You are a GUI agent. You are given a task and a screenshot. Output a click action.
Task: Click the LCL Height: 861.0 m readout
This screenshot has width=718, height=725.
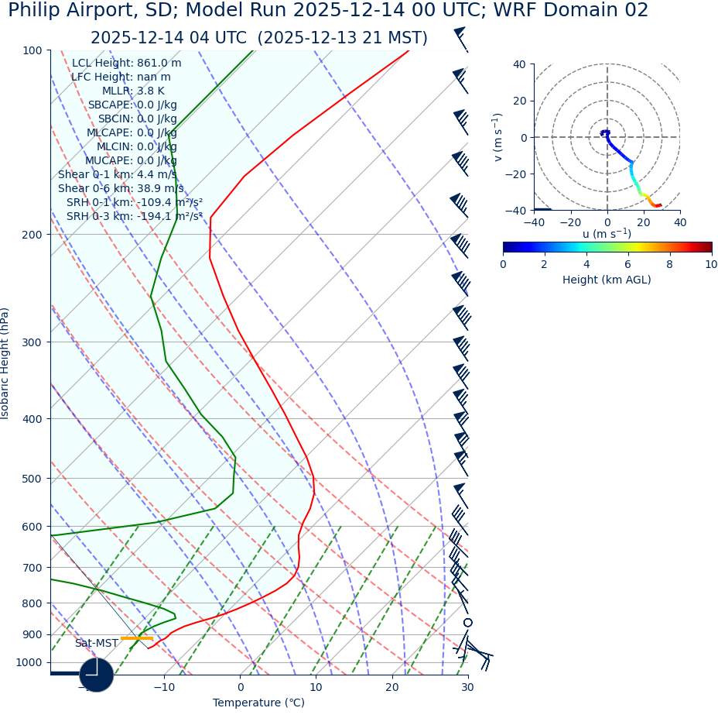tap(127, 64)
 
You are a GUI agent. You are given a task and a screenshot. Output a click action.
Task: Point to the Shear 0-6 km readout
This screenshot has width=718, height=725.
tap(121, 188)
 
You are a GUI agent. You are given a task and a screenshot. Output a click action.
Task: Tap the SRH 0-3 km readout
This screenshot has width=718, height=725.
tap(134, 216)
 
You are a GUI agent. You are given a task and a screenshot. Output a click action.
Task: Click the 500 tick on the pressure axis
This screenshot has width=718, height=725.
tap(32, 479)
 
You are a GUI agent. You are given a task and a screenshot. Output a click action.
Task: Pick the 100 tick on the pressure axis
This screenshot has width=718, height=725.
tap(32, 50)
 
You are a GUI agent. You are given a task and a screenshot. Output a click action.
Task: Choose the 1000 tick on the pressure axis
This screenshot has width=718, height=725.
tap(29, 662)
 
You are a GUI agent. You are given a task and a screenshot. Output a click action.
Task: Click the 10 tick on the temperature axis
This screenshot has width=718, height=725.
tap(316, 687)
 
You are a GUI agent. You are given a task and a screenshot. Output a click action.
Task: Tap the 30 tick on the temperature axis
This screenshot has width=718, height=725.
tap(467, 687)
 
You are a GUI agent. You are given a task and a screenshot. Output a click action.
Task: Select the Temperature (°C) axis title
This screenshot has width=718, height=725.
tap(258, 703)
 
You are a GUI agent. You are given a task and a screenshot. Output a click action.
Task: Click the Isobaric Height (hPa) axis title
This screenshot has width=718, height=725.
tap(5, 363)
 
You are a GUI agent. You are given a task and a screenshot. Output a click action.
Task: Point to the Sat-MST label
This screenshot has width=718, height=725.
tap(97, 644)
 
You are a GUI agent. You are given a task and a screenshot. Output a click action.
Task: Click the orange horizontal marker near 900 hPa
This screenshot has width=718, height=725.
tap(136, 638)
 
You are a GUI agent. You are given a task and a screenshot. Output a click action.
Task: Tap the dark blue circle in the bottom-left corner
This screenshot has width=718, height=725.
tap(97, 675)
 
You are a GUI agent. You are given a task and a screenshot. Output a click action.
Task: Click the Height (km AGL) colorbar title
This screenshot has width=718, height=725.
tap(607, 280)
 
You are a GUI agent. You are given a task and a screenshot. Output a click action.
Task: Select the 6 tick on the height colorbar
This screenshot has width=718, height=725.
tap(628, 264)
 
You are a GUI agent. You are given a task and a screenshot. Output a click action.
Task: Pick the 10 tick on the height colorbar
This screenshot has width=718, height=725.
tap(710, 264)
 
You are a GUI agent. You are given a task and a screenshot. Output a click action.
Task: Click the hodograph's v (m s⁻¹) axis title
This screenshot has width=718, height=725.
tap(498, 137)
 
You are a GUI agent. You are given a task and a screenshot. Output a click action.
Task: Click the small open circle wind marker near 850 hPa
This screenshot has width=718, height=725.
tap(467, 622)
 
